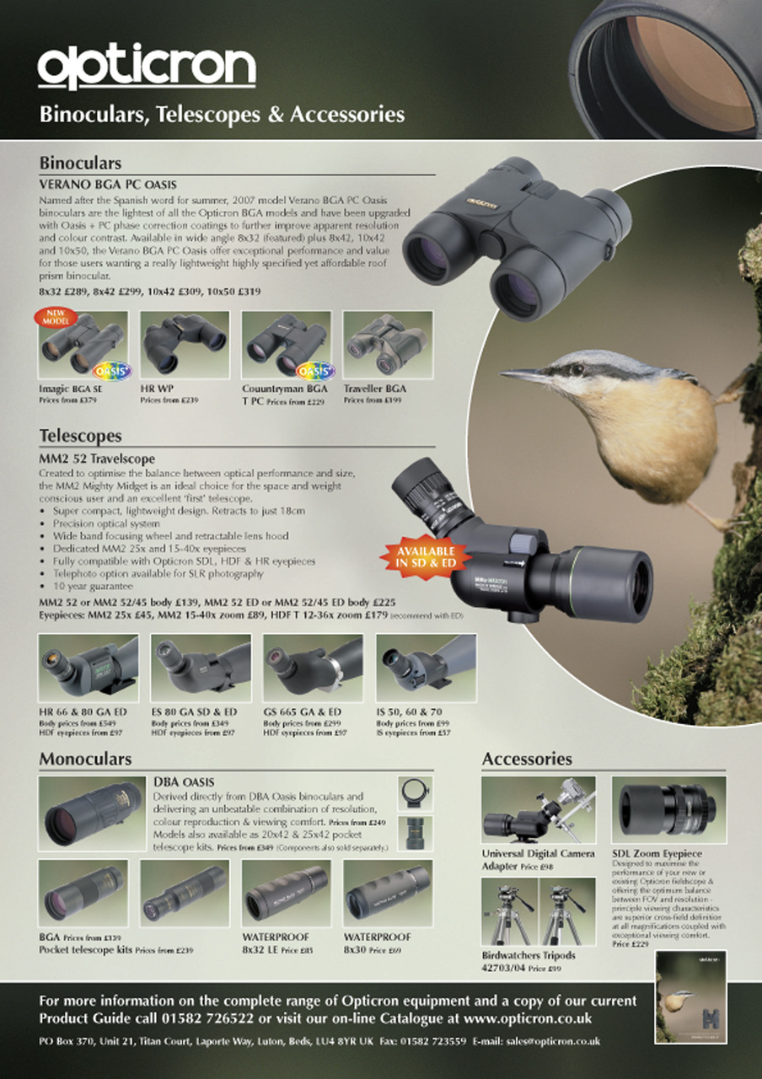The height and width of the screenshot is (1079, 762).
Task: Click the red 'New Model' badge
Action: click(x=55, y=318)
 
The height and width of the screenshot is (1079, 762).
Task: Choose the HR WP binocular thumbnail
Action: click(x=185, y=346)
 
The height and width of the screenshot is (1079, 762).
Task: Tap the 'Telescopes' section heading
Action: click(x=80, y=436)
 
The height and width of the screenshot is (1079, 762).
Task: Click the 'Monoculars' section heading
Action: click(x=85, y=759)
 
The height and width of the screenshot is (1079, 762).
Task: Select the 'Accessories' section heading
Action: click(x=527, y=759)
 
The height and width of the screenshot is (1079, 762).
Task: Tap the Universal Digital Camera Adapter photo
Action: click(x=538, y=810)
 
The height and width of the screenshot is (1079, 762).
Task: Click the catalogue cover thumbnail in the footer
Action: click(x=690, y=997)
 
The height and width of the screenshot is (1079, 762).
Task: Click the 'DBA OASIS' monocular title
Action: click(x=184, y=782)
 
